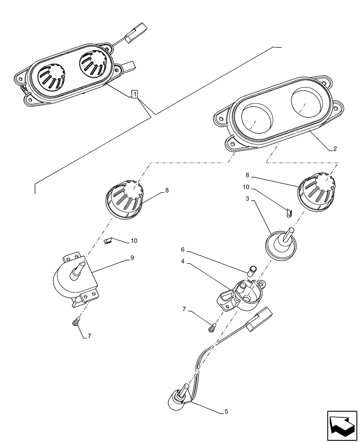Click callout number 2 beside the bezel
click(335, 149)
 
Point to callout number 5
click(226, 412)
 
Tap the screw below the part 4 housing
click(211, 327)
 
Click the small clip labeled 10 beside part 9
click(107, 241)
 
